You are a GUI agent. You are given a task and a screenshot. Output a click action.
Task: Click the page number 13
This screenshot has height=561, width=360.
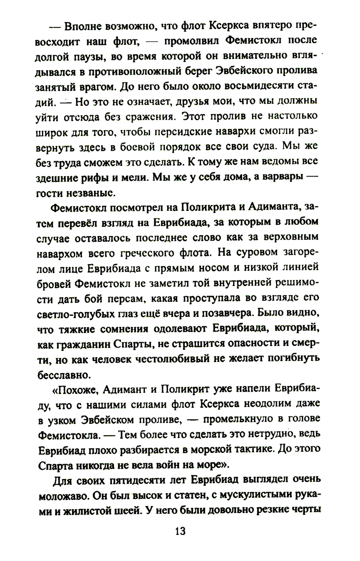(x=180, y=531)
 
